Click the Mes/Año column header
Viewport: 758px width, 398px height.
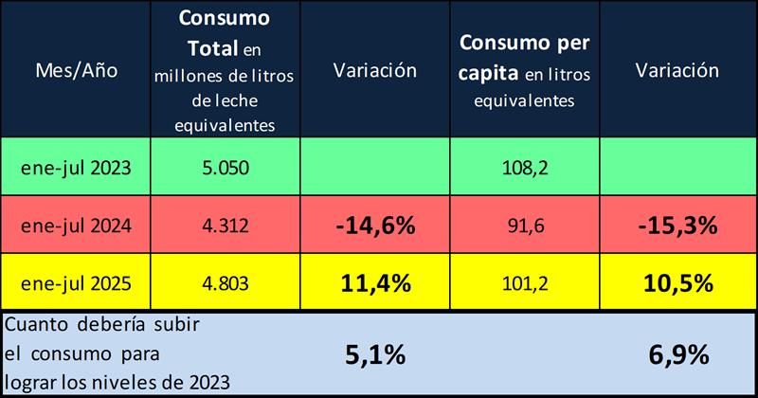click(x=76, y=71)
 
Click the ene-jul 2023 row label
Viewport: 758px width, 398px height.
click(x=76, y=168)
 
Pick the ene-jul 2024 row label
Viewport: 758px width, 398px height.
click(x=76, y=226)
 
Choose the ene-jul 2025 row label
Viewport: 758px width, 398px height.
click(x=76, y=282)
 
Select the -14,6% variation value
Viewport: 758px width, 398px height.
click(x=374, y=226)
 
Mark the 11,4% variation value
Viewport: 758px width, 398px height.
click(x=374, y=282)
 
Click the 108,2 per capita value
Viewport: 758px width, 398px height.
click(x=524, y=168)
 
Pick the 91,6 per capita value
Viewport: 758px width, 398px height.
click(x=524, y=226)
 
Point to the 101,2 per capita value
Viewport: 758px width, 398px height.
click(x=524, y=282)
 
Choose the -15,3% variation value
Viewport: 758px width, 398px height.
click(x=676, y=226)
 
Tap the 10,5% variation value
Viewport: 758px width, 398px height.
click(x=676, y=282)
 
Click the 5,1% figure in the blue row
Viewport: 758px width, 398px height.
click(x=374, y=355)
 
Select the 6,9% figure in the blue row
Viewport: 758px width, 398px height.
click(x=676, y=355)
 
